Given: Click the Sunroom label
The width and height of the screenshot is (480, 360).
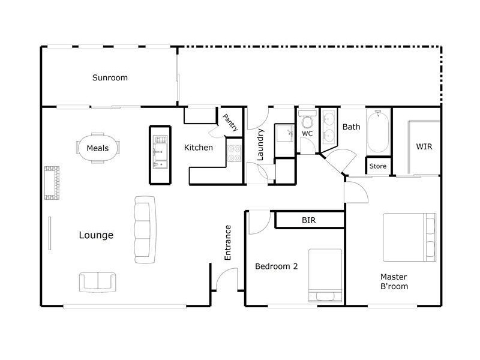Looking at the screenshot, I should [x=110, y=77].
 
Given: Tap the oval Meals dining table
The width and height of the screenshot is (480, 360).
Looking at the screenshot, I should [x=98, y=148].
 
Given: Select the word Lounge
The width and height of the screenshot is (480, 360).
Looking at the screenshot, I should [x=96, y=235].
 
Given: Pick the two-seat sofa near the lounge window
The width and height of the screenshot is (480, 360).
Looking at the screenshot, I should [x=98, y=281].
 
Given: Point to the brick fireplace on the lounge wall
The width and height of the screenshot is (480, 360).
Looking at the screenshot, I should [x=52, y=182].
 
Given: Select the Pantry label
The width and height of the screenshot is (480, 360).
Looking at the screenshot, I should [x=230, y=122].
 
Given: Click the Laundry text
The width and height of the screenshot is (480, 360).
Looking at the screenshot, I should [x=260, y=144].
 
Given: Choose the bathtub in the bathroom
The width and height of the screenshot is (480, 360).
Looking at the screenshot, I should [x=378, y=131].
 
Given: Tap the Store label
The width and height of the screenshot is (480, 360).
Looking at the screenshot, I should [x=378, y=166].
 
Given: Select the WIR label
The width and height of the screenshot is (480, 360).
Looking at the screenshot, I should [x=424, y=146].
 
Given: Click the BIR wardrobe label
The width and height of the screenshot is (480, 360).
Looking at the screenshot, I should [x=308, y=220].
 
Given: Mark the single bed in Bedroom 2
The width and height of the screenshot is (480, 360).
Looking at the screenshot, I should [x=325, y=275].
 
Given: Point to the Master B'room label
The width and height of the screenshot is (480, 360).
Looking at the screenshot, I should [x=394, y=281].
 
